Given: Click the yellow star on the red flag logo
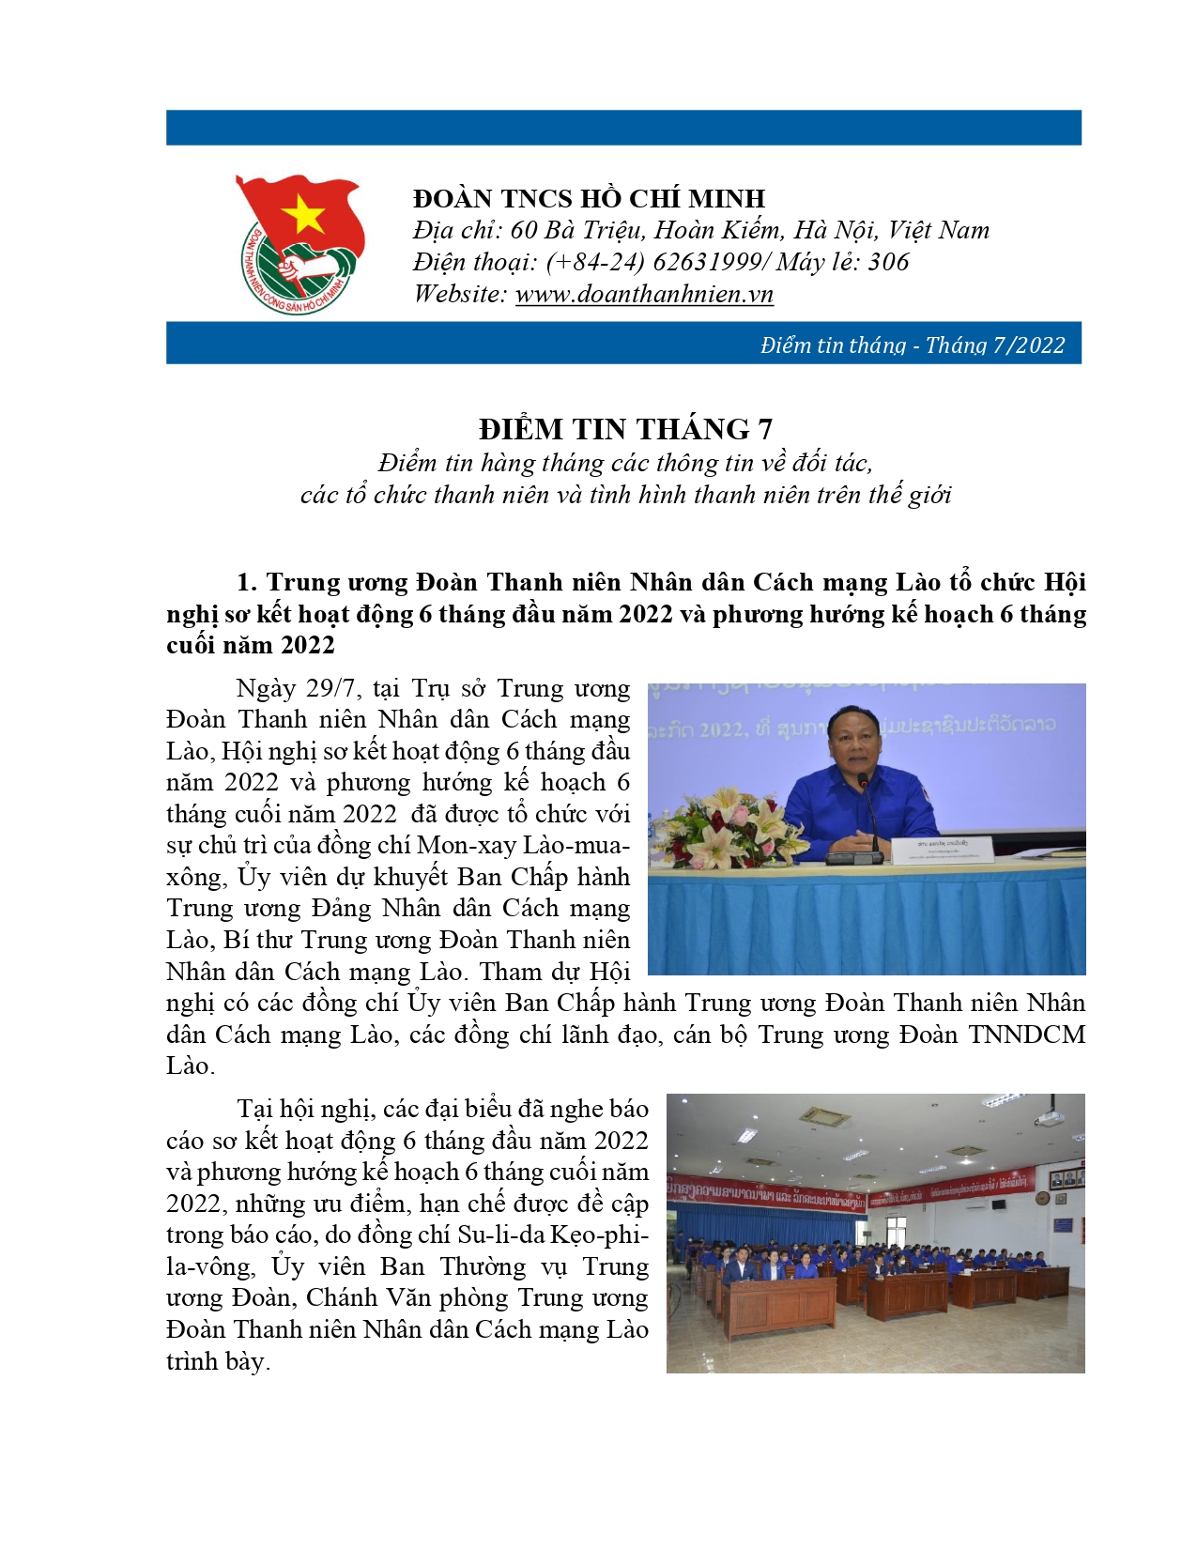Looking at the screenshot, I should coord(302,217).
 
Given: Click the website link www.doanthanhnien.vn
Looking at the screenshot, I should coord(644,294).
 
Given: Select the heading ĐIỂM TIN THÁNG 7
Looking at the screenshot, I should coord(625,429).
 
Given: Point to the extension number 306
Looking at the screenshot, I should coord(888,262).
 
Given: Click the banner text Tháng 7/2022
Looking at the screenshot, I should coord(995,345).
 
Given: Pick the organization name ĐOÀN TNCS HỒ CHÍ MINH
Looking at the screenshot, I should coord(589,198).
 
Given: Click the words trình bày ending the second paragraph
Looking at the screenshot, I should coord(217,1361).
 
